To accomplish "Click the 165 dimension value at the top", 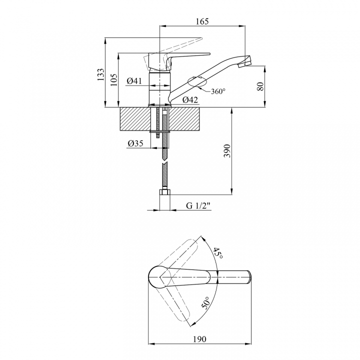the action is (202, 21).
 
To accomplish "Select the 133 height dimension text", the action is (100, 74).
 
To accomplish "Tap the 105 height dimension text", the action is (114, 79).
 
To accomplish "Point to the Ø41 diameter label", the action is (134, 81).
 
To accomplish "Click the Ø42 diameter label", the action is (190, 100).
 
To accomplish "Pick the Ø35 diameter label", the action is (135, 143).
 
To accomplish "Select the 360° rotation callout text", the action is (218, 91).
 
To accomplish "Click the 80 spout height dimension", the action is (260, 86).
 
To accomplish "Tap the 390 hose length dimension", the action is (227, 151).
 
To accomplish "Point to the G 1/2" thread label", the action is (198, 205).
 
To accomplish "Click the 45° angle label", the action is (218, 253).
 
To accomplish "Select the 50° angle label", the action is (205, 302).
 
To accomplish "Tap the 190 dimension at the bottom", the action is (199, 339).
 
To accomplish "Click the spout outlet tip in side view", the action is (244, 65).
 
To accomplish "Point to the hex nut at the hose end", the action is (165, 192).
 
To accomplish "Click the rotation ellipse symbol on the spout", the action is (197, 81).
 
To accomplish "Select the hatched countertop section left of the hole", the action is (135, 119).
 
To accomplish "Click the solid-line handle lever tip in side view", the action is (209, 54).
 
